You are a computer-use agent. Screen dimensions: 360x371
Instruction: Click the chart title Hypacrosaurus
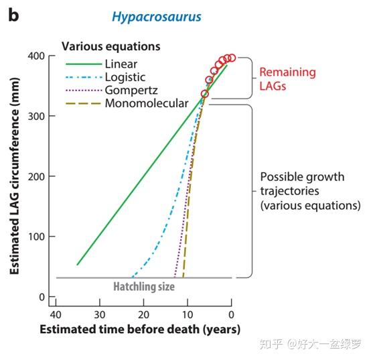click(157, 17)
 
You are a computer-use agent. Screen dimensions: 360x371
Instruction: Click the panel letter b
click(13, 14)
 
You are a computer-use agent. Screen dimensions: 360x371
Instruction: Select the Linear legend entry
click(121, 64)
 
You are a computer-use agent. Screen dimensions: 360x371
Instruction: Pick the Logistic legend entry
click(125, 77)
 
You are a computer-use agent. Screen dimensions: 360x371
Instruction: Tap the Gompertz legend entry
click(129, 91)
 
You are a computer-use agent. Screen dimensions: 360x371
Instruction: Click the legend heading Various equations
click(110, 47)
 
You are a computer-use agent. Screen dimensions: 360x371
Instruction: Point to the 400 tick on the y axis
click(38, 56)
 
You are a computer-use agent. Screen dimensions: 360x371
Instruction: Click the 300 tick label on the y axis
click(38, 116)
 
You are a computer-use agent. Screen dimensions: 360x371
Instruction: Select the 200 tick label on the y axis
click(38, 176)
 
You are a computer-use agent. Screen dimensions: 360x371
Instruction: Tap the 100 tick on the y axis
click(38, 237)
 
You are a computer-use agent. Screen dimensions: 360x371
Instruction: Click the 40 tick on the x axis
click(56, 314)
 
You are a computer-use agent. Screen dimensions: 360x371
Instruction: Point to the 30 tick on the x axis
click(99, 314)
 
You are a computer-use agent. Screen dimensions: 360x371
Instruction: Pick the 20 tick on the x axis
click(143, 314)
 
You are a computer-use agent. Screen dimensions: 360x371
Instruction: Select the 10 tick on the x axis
click(187, 314)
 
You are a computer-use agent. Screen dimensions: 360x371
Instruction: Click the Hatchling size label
click(143, 286)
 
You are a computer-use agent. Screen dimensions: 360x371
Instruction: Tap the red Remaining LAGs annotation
click(287, 78)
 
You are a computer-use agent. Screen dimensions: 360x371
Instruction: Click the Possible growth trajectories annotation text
click(309, 191)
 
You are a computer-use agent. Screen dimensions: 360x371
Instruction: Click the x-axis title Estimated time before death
click(139, 330)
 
